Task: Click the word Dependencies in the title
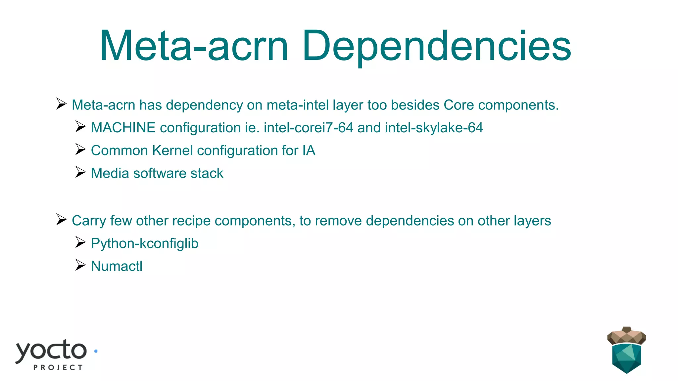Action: [x=436, y=46]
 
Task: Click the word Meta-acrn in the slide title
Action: [x=194, y=46]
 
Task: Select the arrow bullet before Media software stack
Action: [x=80, y=172]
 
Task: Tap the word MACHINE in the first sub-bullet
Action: [x=123, y=128]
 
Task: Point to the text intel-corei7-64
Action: [x=309, y=128]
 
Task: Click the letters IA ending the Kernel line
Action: [x=309, y=150]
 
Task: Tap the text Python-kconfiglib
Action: [x=145, y=243]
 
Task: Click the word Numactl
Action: [x=117, y=266]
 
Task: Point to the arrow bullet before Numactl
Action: [x=80, y=265]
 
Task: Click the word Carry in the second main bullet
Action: [x=89, y=221]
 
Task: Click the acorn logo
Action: [x=626, y=351]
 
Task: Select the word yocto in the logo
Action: [x=51, y=351]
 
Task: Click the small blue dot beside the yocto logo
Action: [x=96, y=351]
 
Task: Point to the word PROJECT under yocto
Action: [x=58, y=367]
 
